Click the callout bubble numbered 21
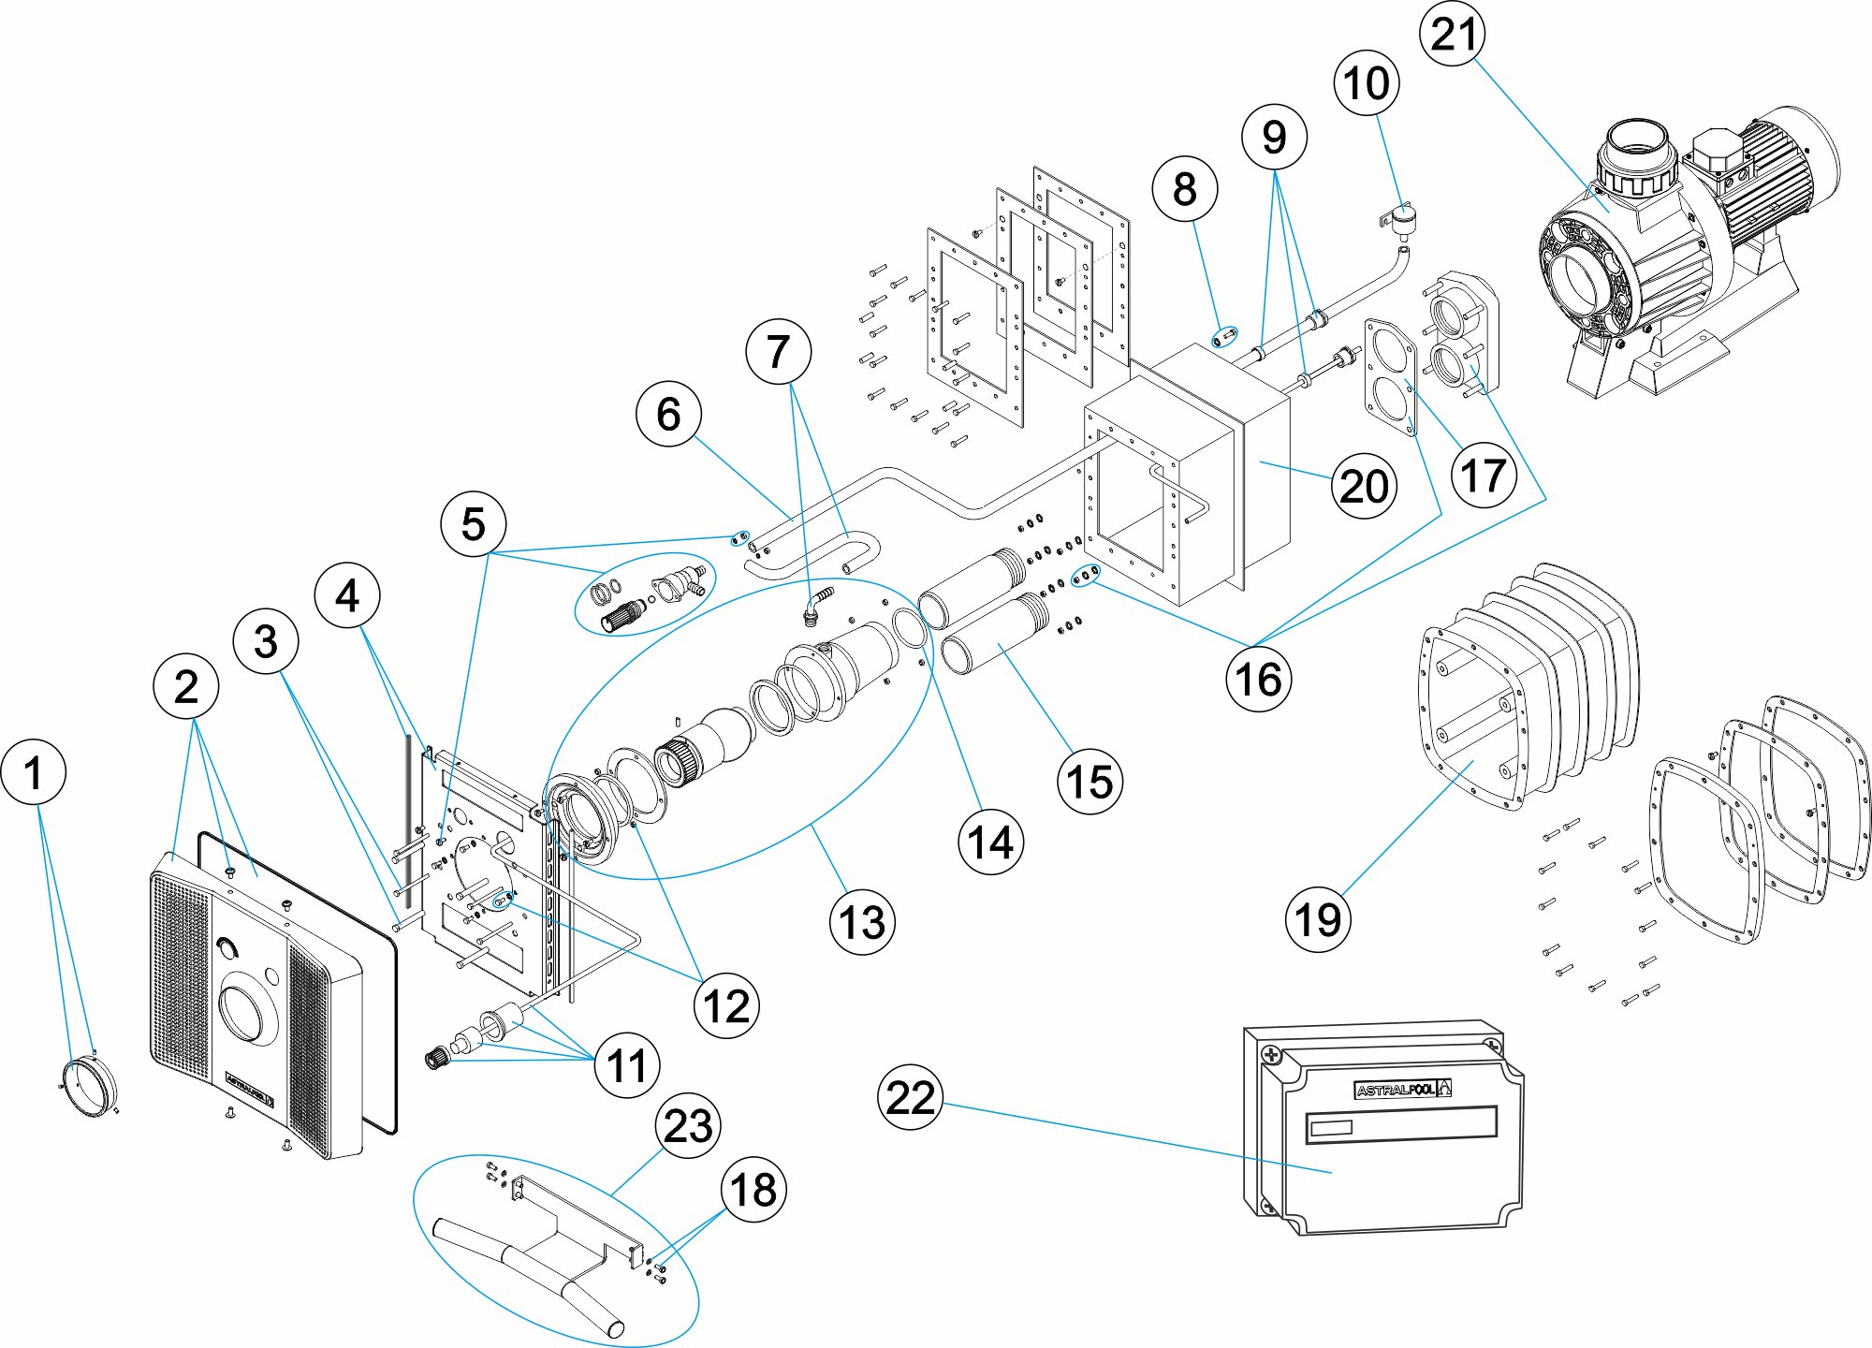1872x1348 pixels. (1454, 34)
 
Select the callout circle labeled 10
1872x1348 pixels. (1367, 83)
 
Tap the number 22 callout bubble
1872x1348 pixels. (911, 1096)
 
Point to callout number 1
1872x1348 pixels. (34, 773)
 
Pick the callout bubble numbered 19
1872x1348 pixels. (1319, 919)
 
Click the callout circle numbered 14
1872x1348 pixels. (990, 842)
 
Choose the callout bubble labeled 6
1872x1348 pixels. (668, 414)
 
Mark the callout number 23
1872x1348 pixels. (688, 1125)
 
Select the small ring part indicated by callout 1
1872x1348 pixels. (91, 1085)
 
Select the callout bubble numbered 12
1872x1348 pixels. (726, 1006)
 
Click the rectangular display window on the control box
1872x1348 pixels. (1401, 1122)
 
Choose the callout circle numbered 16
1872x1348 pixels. (1258, 679)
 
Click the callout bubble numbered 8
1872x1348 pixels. (1185, 189)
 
